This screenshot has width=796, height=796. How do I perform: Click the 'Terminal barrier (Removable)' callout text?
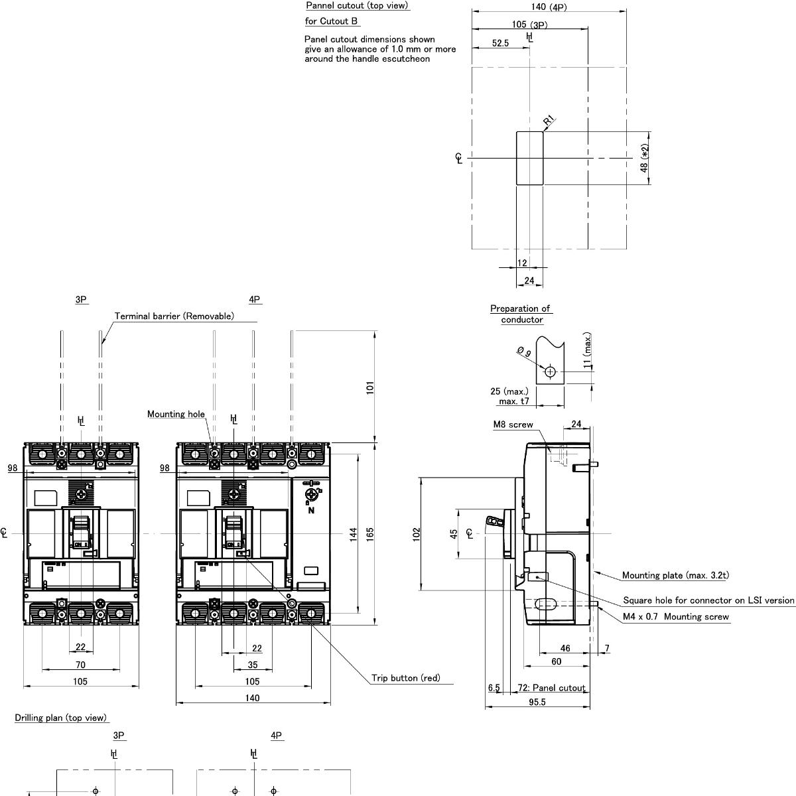(x=174, y=316)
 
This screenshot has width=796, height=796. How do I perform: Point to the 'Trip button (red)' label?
(x=405, y=678)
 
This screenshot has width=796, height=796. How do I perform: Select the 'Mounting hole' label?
(x=176, y=414)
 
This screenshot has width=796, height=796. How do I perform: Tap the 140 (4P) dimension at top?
(x=549, y=7)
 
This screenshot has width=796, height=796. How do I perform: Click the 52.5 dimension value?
(x=501, y=43)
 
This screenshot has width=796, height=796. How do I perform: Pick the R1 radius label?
(x=549, y=121)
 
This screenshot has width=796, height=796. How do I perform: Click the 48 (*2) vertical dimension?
(x=644, y=159)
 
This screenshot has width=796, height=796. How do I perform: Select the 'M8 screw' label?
(x=513, y=425)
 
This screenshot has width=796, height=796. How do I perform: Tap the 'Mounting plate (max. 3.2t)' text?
(x=675, y=575)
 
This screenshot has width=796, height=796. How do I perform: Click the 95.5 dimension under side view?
(x=537, y=702)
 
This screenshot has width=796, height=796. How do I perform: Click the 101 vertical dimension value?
(x=370, y=387)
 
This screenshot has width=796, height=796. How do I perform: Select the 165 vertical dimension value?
(x=370, y=533)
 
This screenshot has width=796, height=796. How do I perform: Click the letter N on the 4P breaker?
(x=310, y=511)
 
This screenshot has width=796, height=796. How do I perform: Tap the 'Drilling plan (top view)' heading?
(x=60, y=718)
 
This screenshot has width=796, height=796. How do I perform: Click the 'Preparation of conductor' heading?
(x=521, y=314)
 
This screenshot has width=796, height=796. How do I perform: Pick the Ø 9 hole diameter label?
(x=523, y=352)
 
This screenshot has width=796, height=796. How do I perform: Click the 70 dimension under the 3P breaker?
(x=80, y=665)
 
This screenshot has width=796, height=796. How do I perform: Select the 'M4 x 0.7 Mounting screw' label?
(x=676, y=617)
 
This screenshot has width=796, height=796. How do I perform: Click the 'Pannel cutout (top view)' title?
(x=357, y=5)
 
